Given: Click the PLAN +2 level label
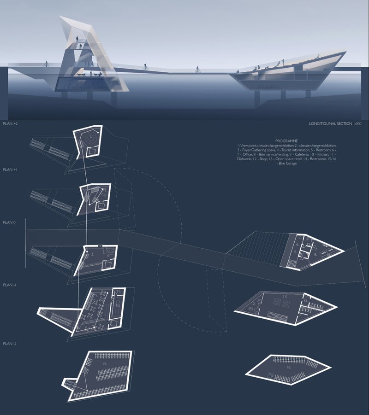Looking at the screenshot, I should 10,124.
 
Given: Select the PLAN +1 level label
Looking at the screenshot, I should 10,170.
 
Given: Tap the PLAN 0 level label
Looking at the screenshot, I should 9,222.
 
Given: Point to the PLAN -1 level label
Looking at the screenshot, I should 10,285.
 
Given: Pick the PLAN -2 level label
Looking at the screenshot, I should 10,344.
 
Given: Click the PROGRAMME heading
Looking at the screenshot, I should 286,140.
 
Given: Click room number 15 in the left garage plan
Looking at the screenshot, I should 105,364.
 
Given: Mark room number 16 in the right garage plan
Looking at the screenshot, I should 288,368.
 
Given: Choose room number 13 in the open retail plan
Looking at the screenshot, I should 285,296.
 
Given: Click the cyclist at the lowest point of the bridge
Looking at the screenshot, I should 198,70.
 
